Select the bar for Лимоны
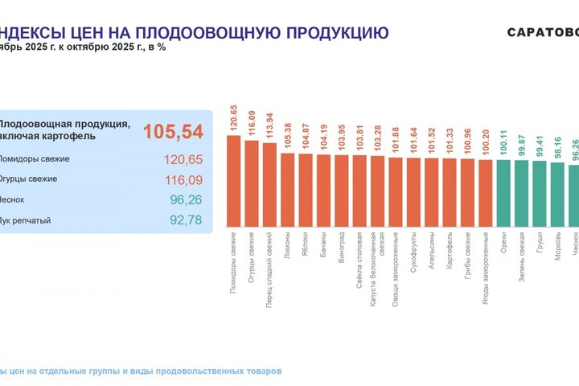(x=288, y=190)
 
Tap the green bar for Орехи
(x=503, y=194)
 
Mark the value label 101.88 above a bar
(x=395, y=142)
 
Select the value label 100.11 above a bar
(x=503, y=144)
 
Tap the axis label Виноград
(x=342, y=252)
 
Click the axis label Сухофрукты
(x=413, y=256)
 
